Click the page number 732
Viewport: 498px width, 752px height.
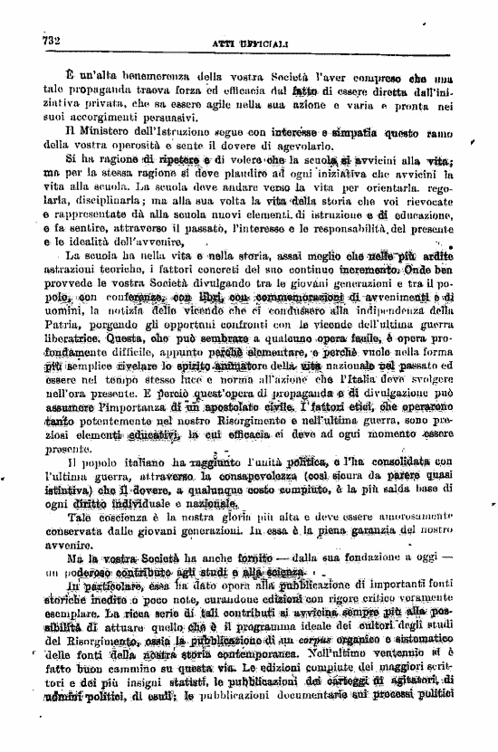point(44,41)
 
